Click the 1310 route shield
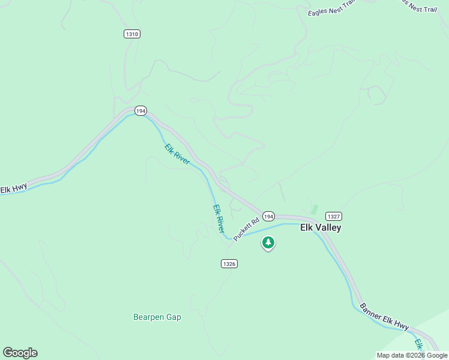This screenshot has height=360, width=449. coord(132,34)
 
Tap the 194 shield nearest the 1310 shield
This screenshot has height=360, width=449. coord(140,111)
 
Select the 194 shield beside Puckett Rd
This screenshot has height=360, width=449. coord(268,216)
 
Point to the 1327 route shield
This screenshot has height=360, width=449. coord(334,216)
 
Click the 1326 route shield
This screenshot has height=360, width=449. coord(229,263)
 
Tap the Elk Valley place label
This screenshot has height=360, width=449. coord(321,228)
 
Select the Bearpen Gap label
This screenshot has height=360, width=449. coord(157,317)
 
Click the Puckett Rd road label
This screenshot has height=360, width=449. coord(246,229)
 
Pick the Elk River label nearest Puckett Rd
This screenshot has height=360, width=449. coord(219,219)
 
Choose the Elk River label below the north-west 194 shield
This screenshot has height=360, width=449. coord(177,154)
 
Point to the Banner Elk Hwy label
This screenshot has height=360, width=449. coord(384,316)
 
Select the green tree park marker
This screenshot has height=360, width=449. coord(268,243)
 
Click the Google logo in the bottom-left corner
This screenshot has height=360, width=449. coord(20,353)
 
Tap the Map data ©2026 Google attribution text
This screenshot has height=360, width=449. coord(412,355)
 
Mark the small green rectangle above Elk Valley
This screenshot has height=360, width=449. coord(314,209)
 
